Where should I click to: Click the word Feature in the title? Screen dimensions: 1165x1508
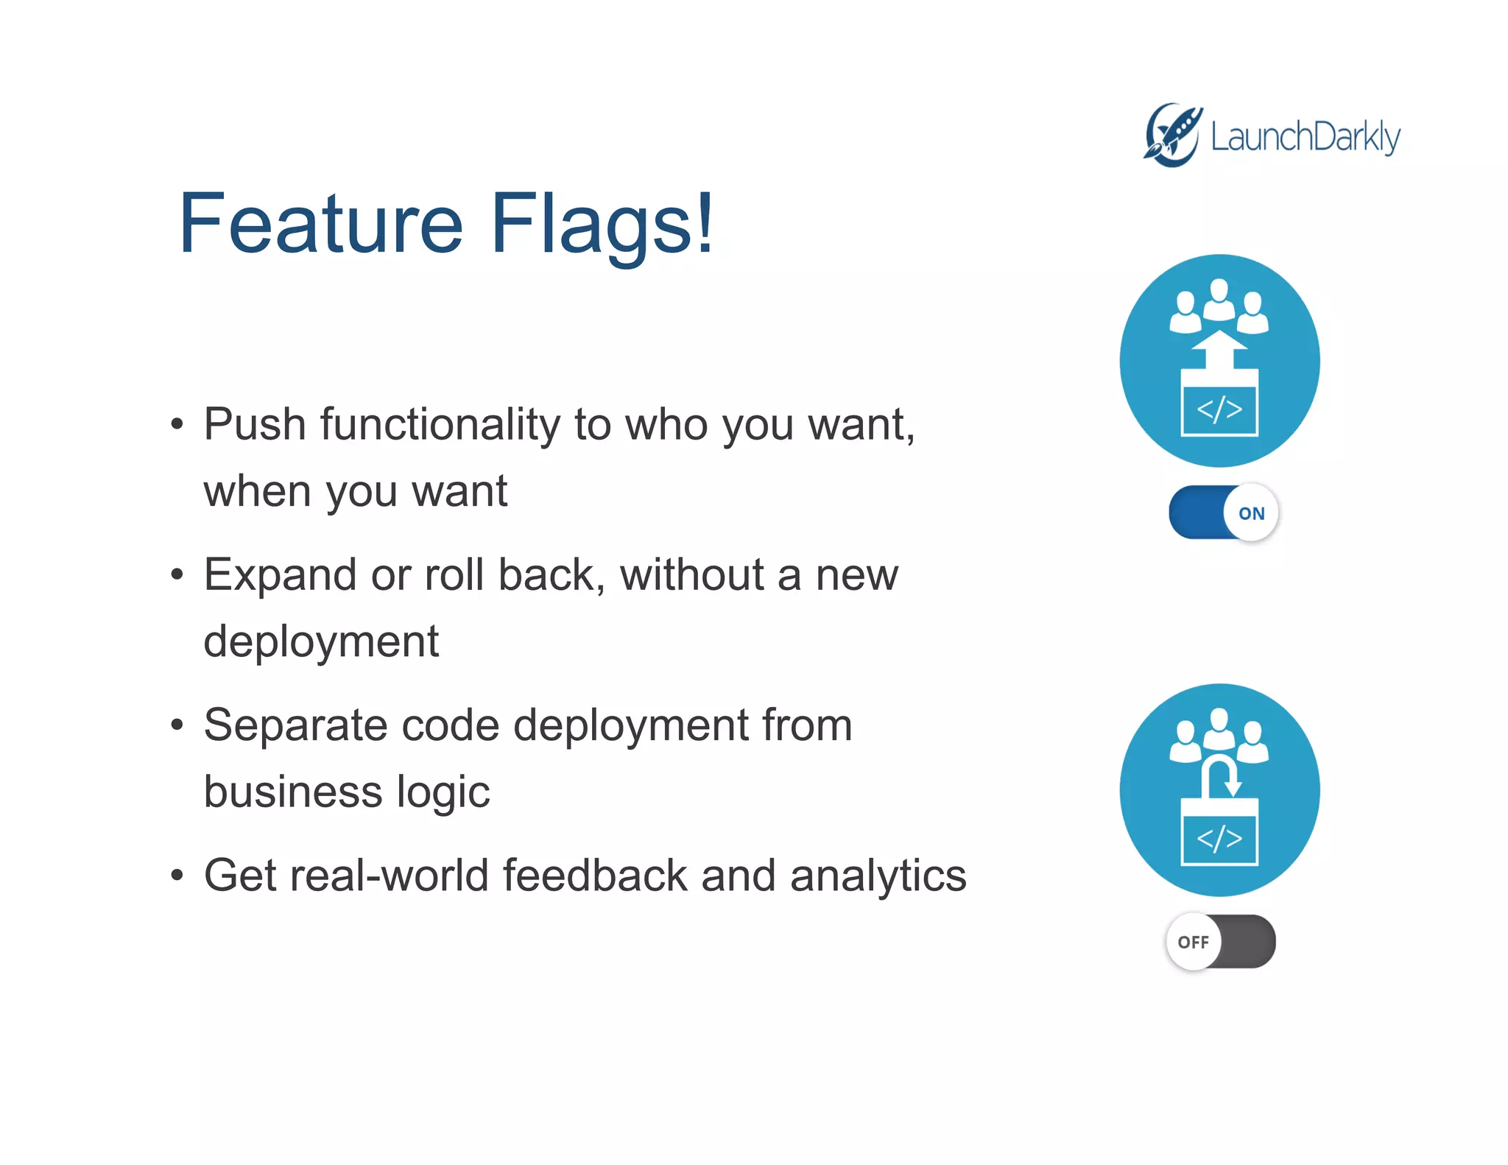coord(321,223)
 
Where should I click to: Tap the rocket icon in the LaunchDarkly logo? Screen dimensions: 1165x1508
coord(1173,135)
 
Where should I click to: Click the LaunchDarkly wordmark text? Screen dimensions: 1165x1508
coord(1305,137)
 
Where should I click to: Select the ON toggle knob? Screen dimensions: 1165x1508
coord(1250,513)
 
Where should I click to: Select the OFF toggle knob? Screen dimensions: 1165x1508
coord(1193,942)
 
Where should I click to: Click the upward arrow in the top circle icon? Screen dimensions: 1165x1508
coord(1219,351)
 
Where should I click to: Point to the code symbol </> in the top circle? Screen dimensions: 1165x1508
coord(1219,409)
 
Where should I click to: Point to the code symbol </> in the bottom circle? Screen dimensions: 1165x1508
coord(1219,839)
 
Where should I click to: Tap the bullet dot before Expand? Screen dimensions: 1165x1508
coord(177,574)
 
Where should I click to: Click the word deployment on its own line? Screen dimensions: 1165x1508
coord(321,641)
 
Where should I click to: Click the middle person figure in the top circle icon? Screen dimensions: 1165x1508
coord(1219,299)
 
